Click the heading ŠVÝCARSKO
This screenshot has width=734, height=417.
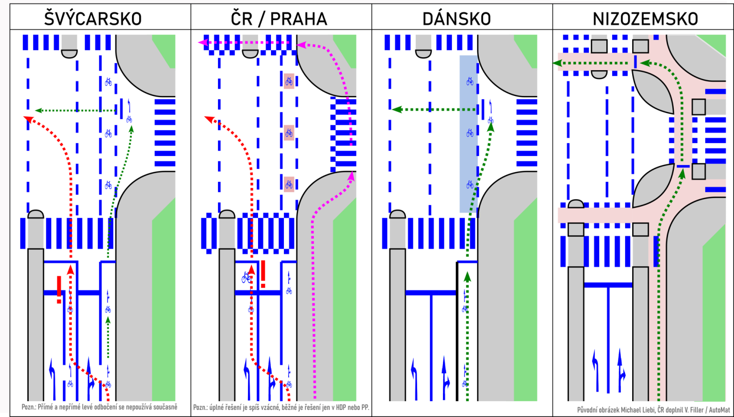point(93,19)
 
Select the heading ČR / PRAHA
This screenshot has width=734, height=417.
point(279,19)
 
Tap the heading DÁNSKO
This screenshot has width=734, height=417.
point(457,19)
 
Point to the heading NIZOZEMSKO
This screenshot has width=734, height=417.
point(645,19)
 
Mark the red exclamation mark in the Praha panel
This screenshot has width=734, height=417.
point(263,274)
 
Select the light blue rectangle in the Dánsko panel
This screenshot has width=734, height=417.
point(468,134)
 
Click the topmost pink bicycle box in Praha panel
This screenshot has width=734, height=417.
point(289,81)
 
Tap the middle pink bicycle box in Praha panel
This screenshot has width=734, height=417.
point(289,133)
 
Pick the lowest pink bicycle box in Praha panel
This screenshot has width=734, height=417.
point(289,184)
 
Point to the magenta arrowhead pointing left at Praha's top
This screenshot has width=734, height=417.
point(202,43)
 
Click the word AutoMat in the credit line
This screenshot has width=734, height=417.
point(719,410)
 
